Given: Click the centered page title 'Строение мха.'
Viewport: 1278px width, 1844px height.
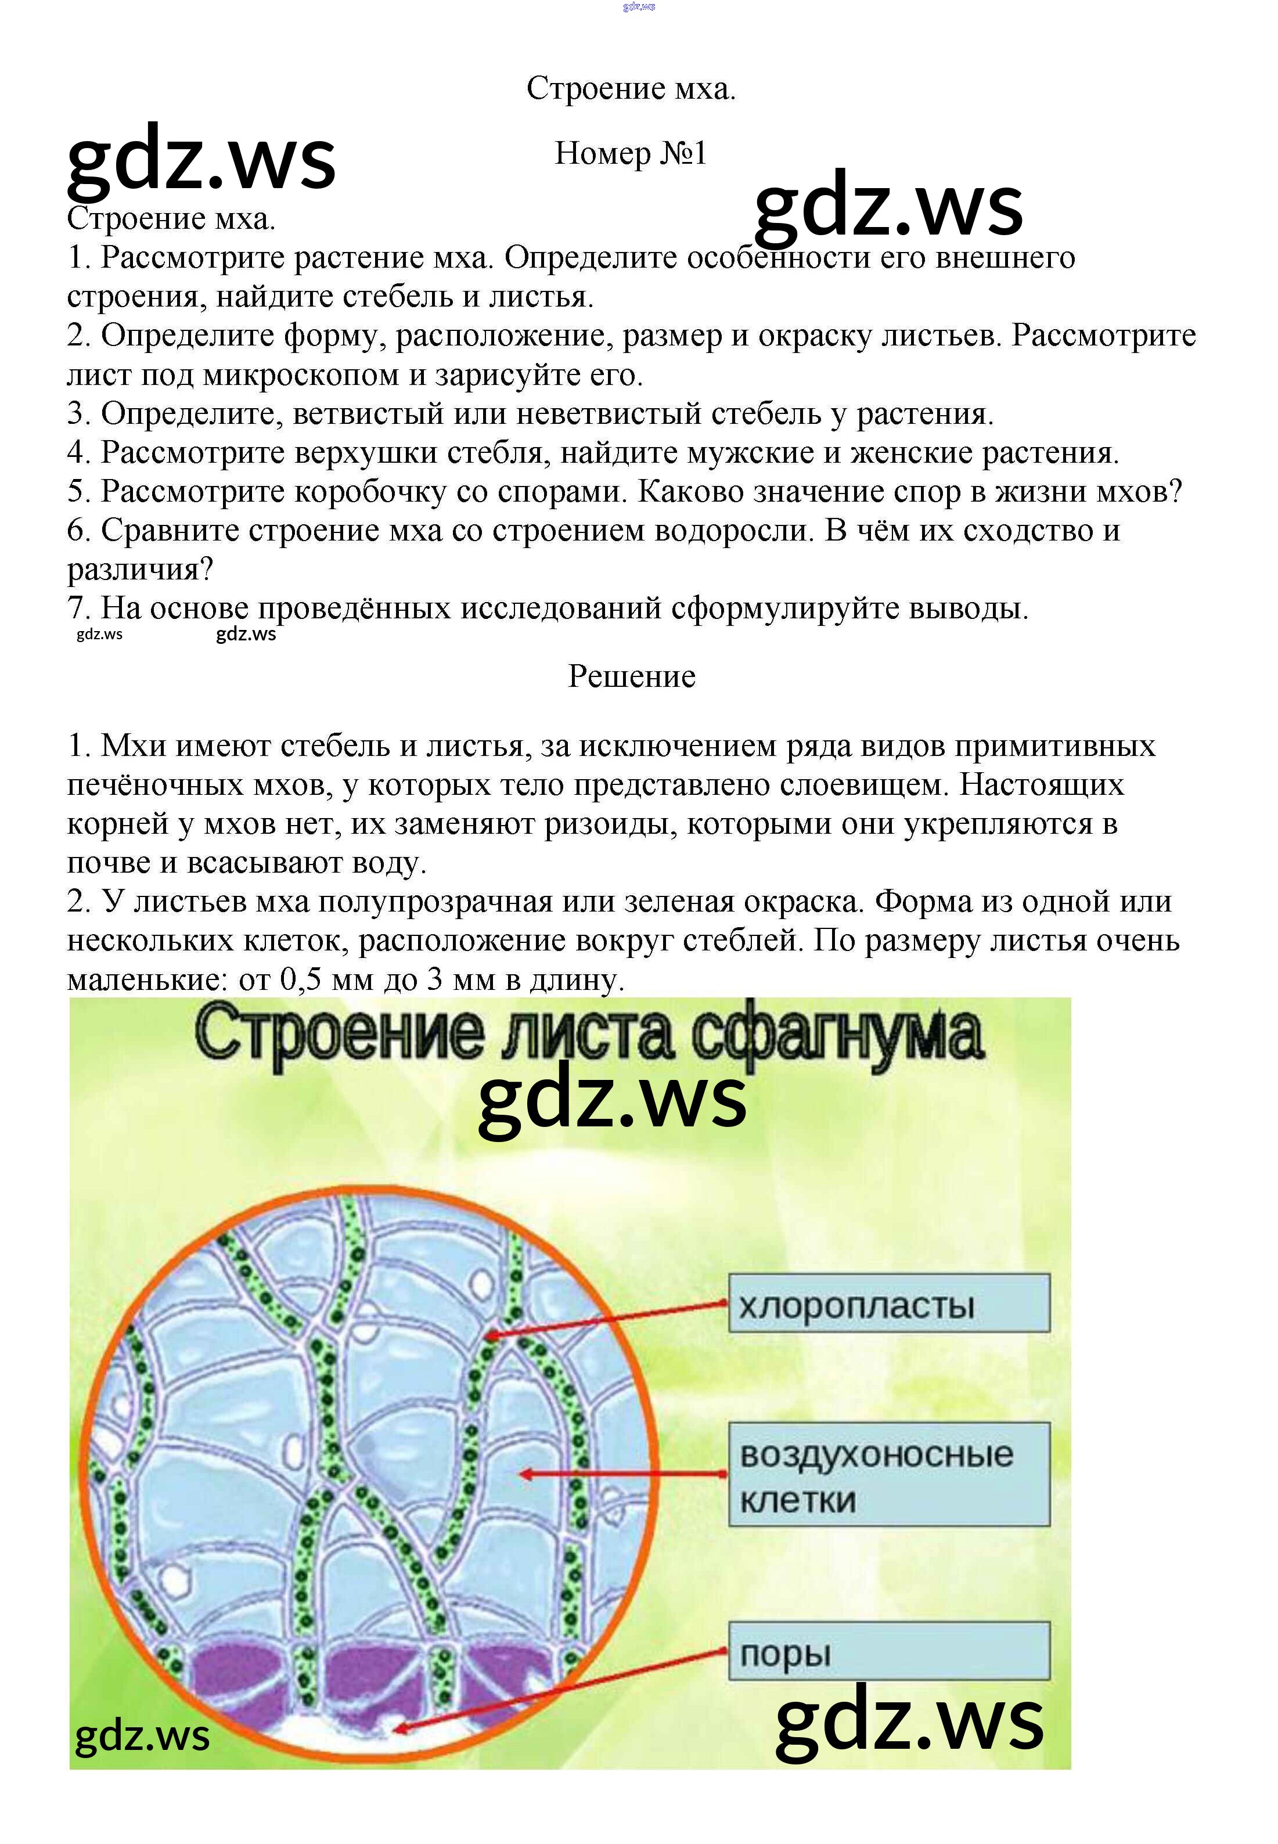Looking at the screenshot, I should pos(631,89).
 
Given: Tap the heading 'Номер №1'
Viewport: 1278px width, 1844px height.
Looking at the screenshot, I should pos(631,153).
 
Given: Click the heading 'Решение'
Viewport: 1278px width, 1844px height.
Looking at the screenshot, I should pos(632,676).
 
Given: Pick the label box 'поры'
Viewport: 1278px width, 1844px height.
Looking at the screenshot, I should pos(889,1652).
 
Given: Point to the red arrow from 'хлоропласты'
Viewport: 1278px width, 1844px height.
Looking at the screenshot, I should pos(609,1320).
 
